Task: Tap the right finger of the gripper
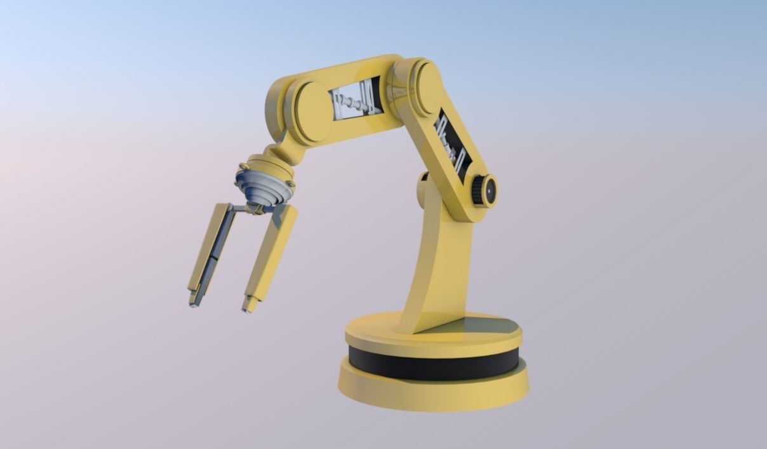click(x=272, y=254)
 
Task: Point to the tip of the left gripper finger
click(x=193, y=301)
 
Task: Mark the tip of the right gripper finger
click(x=248, y=306)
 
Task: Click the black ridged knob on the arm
click(x=484, y=190)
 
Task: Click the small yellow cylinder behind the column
click(x=422, y=190)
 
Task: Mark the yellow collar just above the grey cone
click(x=270, y=167)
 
